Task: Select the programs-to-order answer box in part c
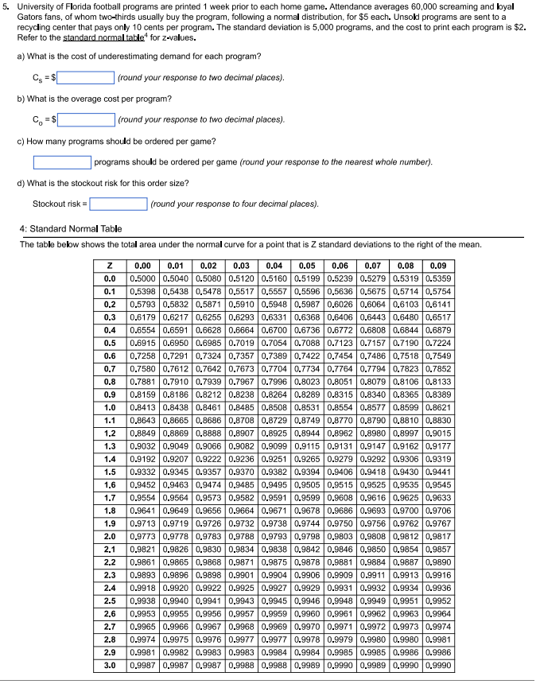click(x=62, y=162)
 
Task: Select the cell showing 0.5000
click(x=143, y=279)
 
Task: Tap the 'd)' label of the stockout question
click(x=21, y=184)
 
